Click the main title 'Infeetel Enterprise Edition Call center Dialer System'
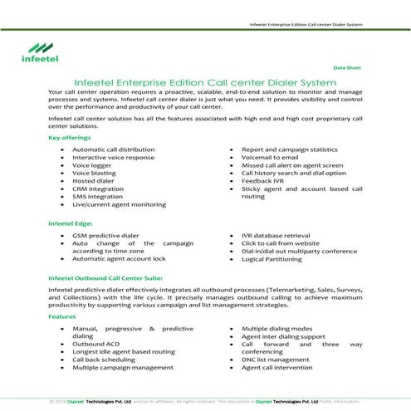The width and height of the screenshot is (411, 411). coord(205,81)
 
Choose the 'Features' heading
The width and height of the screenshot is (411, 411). coord(62,316)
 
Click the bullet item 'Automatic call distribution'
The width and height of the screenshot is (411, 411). coord(115,149)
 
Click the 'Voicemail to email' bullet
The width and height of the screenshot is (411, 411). coord(273,157)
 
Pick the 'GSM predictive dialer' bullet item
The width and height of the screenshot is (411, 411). coord(105,236)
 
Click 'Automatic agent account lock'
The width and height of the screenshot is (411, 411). coord(125,259)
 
